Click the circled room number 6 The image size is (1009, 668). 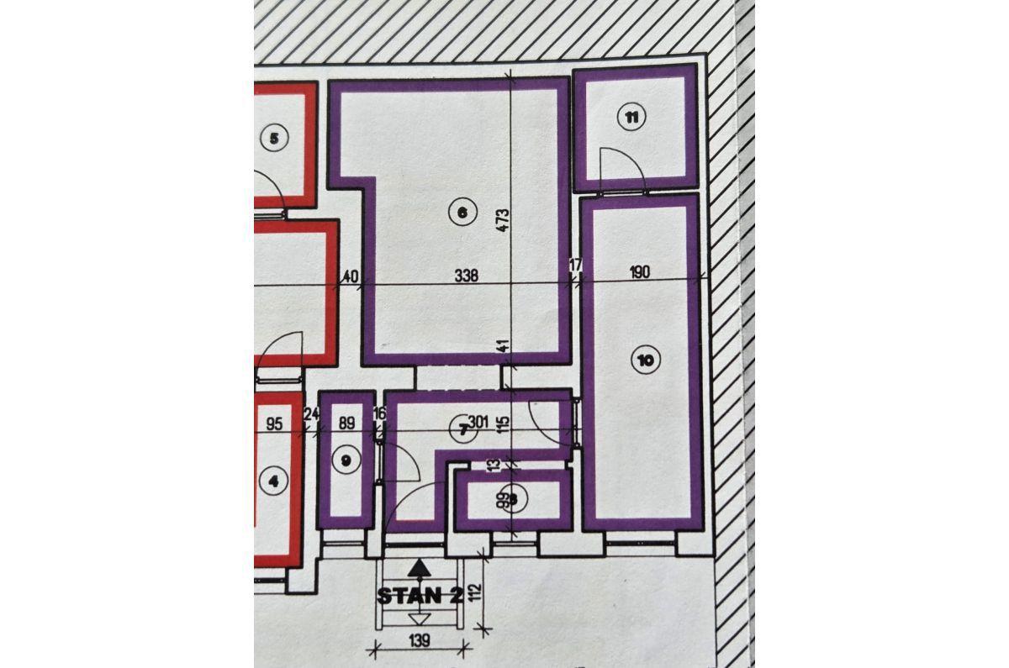tap(460, 213)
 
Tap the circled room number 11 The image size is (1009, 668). tap(631, 117)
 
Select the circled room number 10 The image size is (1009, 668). tap(645, 361)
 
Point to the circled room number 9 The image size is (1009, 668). tap(345, 459)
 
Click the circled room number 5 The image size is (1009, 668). tap(274, 138)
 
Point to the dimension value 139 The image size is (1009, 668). tap(419, 641)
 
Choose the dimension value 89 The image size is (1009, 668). tap(346, 423)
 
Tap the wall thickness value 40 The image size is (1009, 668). tap(351, 276)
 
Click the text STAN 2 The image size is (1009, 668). tap(419, 597)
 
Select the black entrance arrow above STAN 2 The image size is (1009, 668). tap(412, 571)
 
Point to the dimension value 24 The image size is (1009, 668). tap(311, 414)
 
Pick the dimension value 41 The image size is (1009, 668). tap(503, 345)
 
